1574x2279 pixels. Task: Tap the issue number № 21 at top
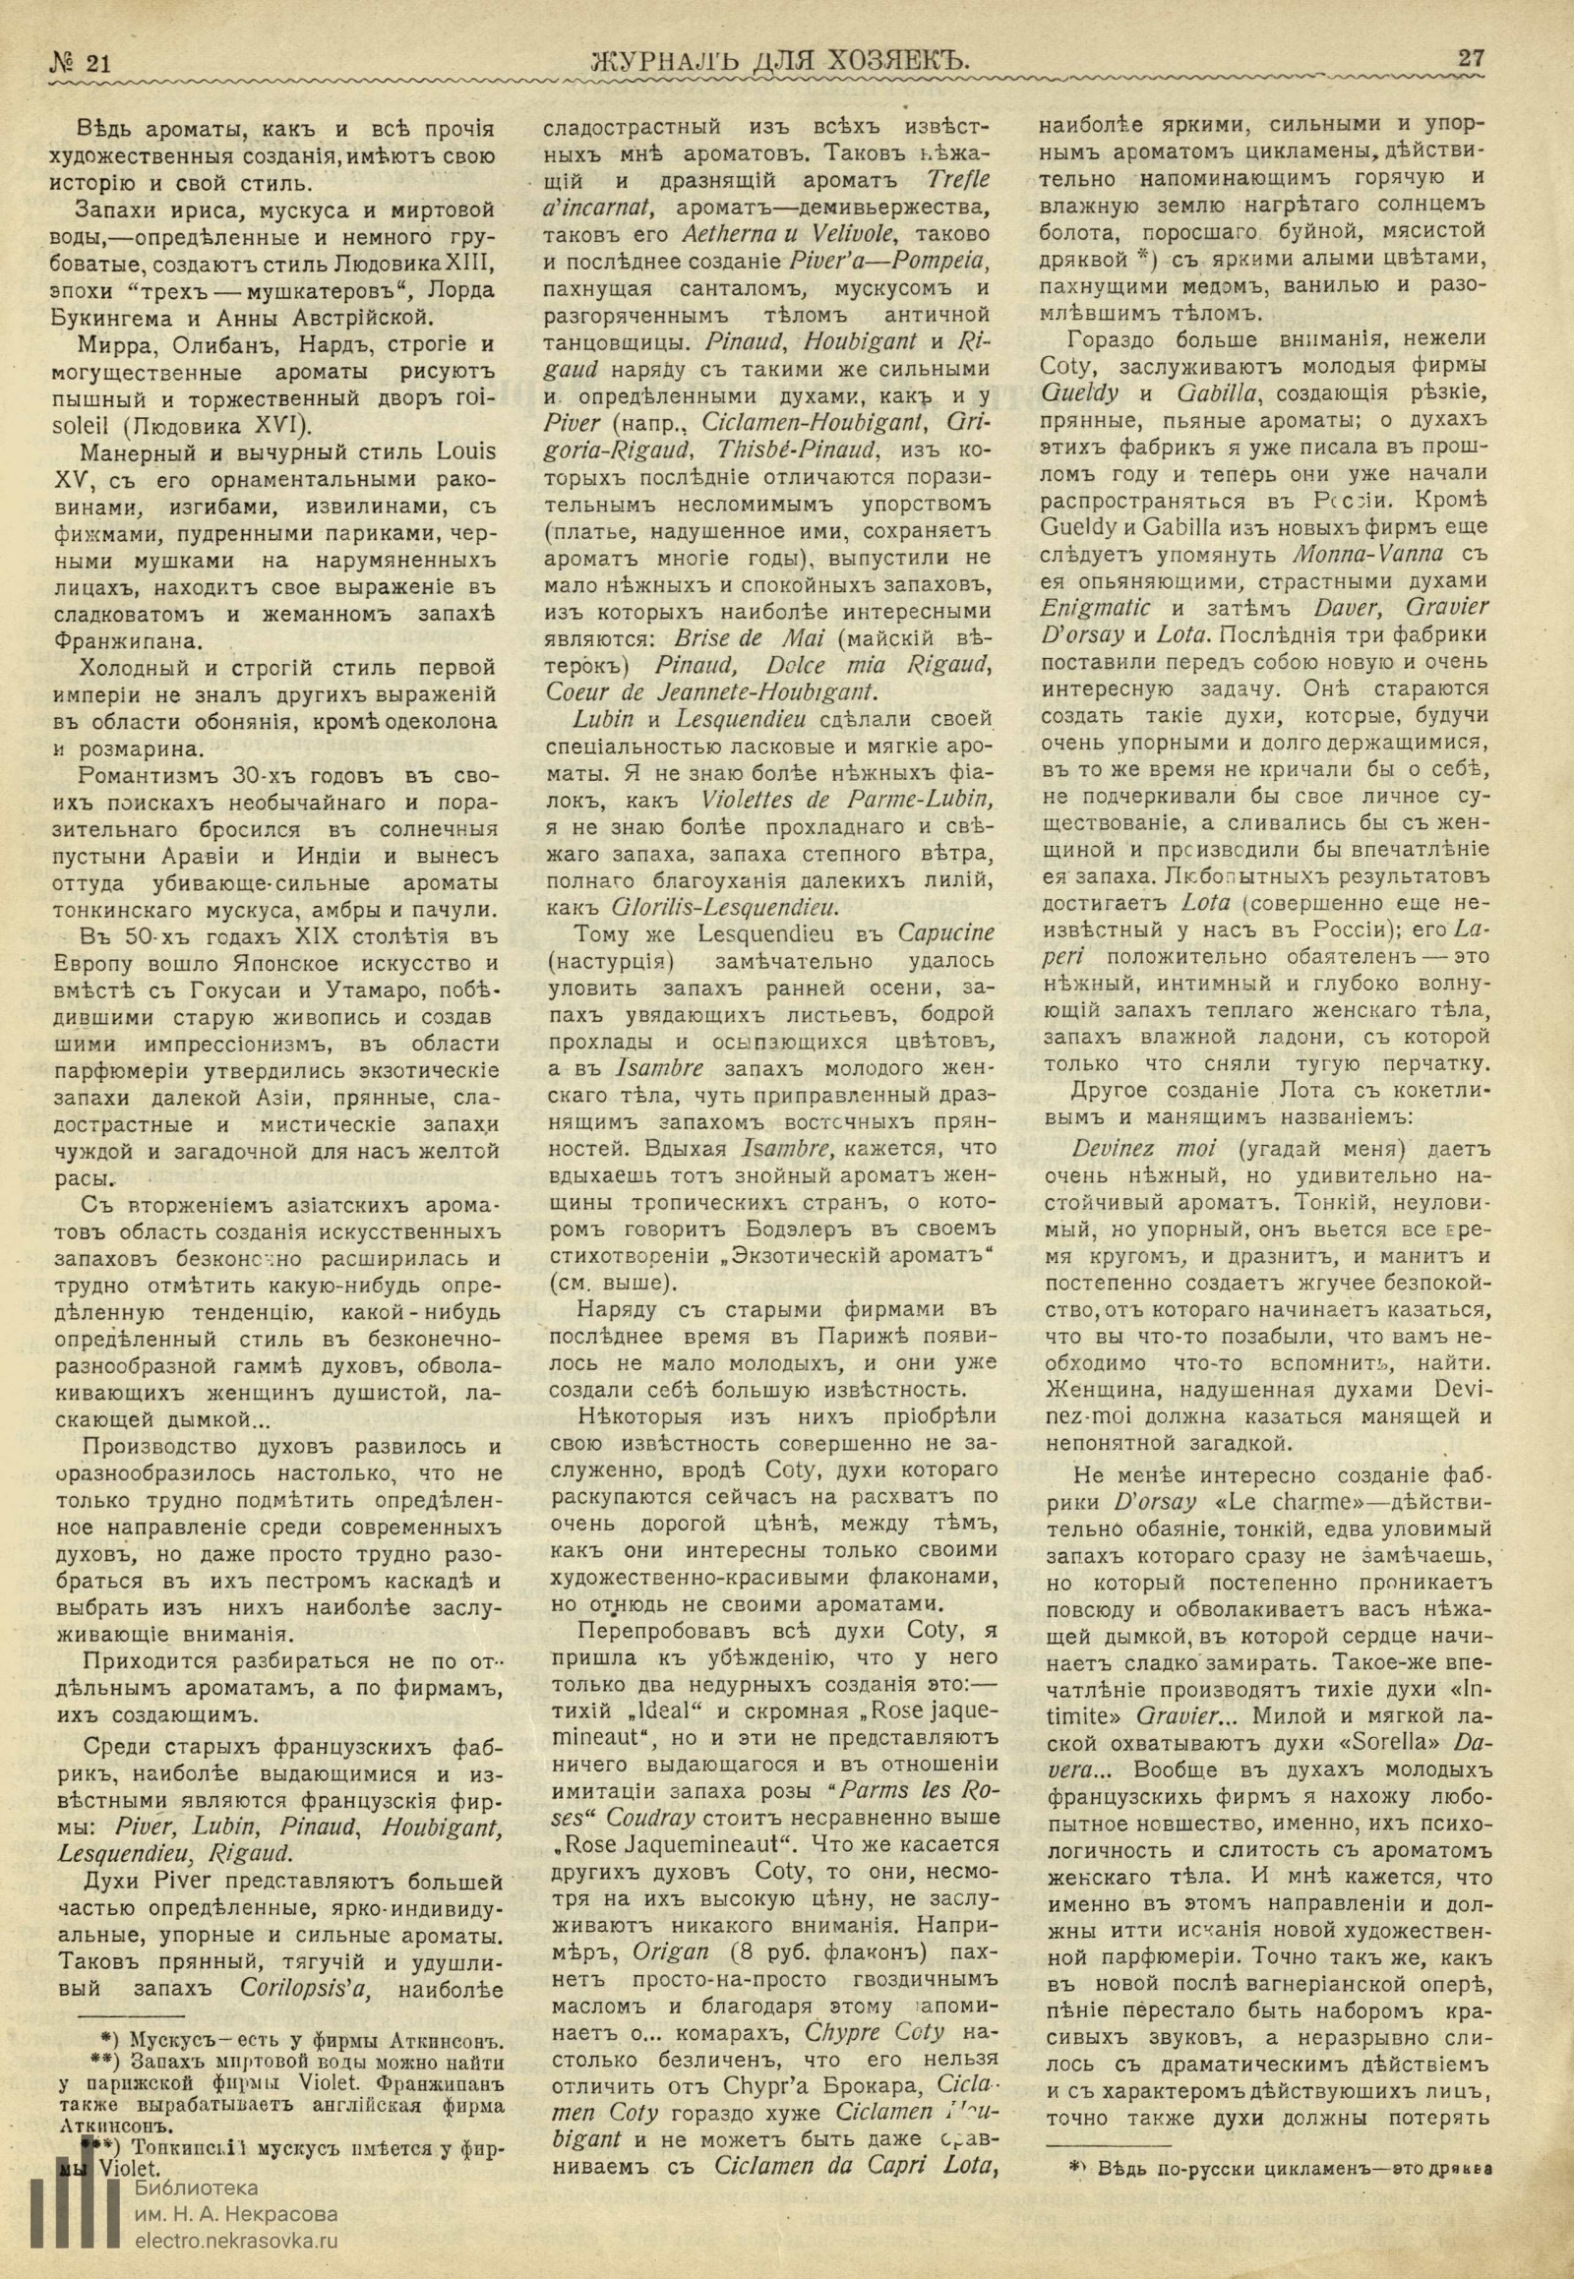[x=80, y=62]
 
